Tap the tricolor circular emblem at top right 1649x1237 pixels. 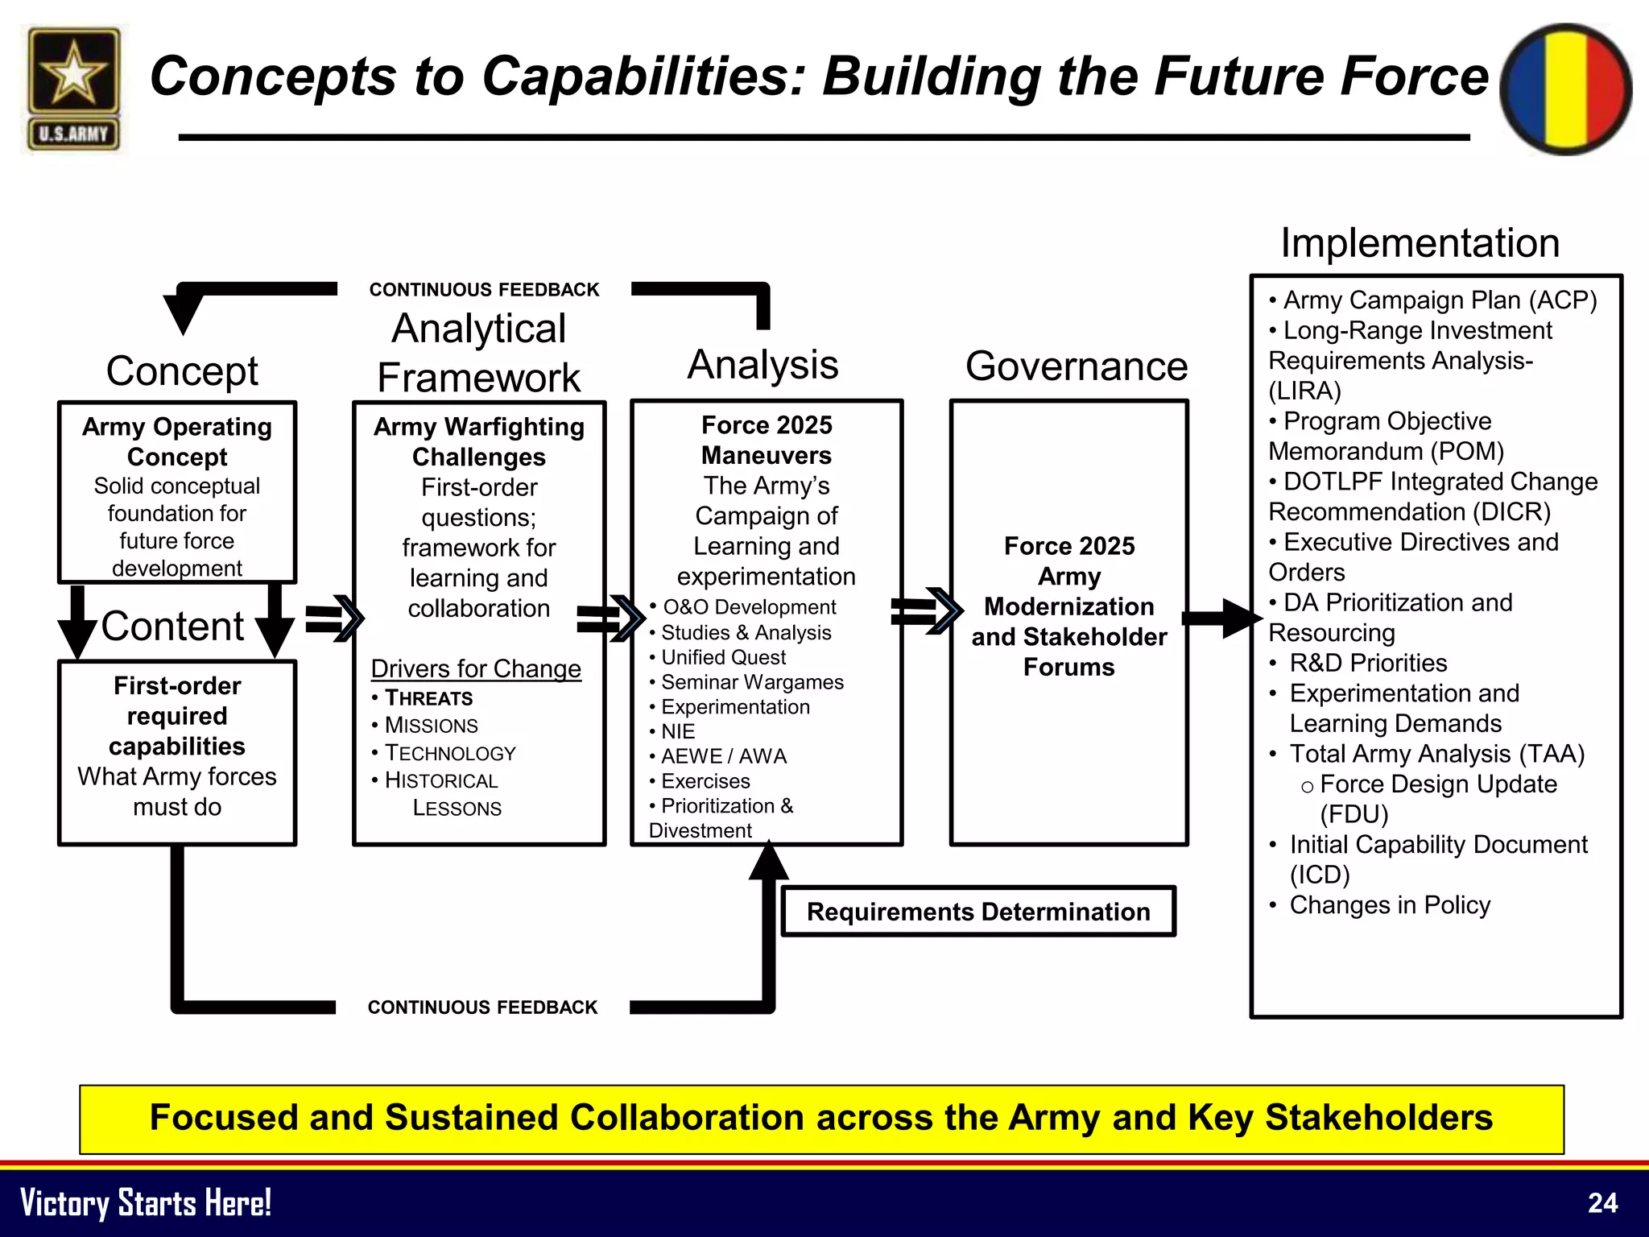coord(1565,89)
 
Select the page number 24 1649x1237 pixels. coord(1602,1203)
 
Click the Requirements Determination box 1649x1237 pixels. coord(978,912)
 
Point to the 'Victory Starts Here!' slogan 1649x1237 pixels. coord(146,1203)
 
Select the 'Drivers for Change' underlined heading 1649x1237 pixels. coord(476,668)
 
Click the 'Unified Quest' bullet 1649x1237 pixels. coord(722,658)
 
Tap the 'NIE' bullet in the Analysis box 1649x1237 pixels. coord(677,732)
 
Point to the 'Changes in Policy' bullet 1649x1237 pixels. coord(1389,905)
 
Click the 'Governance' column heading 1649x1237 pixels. coord(1077,366)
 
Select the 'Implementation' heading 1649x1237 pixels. coord(1420,243)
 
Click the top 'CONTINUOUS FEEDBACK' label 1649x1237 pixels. coord(484,290)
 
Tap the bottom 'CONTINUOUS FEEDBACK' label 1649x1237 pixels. coord(482,1007)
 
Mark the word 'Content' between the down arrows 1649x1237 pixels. coord(173,627)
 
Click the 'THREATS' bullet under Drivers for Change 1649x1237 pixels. coord(428,698)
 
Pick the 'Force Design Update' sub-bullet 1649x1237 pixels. coord(1437,784)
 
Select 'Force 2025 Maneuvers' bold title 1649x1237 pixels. coord(767,441)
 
